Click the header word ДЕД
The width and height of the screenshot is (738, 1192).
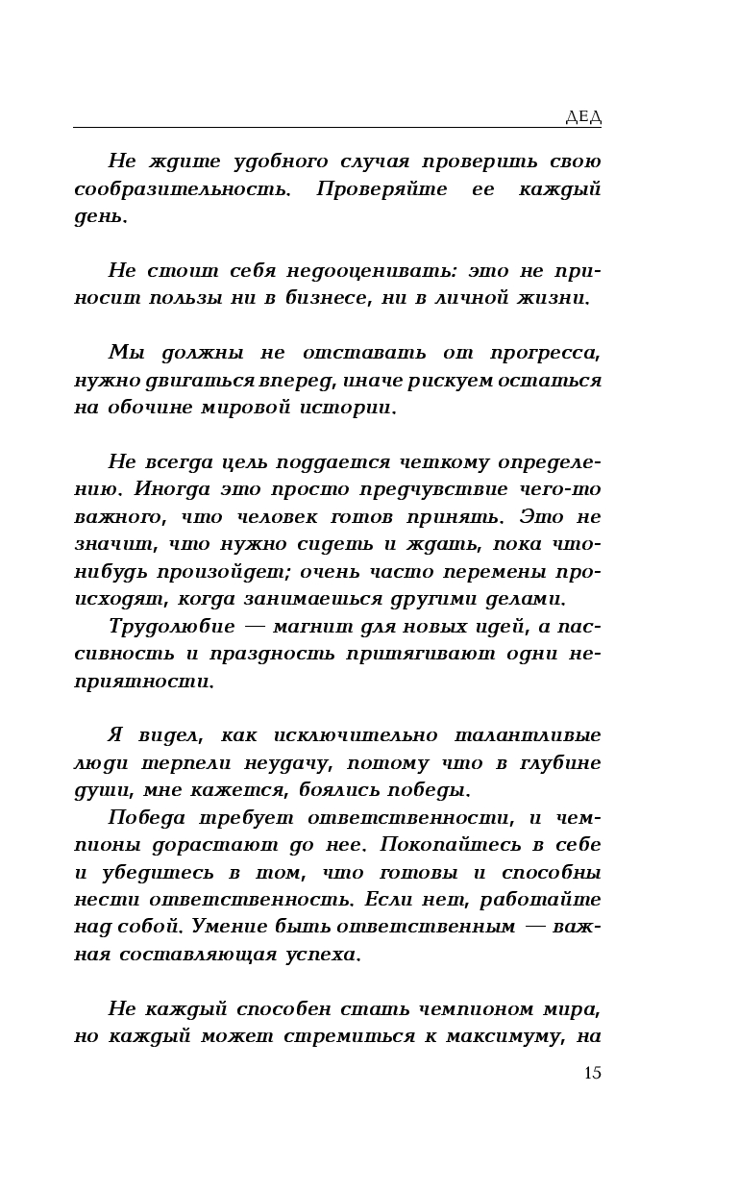(x=582, y=117)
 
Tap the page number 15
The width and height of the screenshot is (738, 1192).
(x=592, y=1073)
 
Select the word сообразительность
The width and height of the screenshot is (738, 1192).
(x=182, y=188)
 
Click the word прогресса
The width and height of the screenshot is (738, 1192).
(x=545, y=352)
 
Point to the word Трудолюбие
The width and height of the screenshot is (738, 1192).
(x=171, y=627)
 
